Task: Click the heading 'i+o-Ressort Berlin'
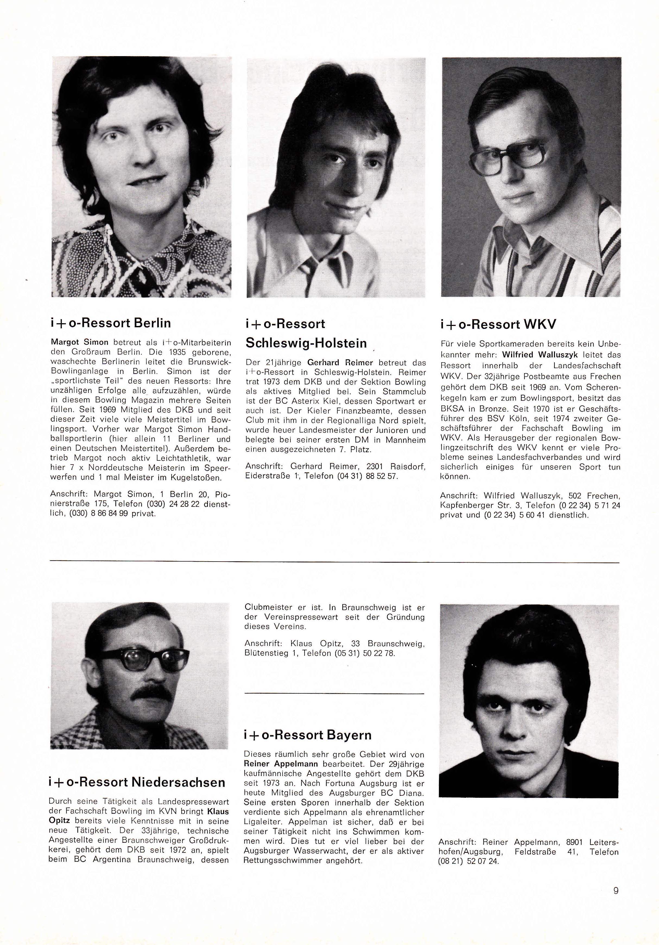coord(110,323)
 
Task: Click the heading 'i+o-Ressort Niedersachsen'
coord(137,782)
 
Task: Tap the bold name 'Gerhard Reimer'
coord(340,363)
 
